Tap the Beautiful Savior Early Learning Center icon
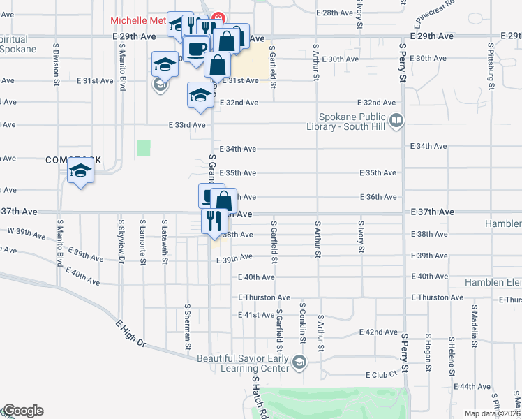299,362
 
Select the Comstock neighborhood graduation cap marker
81,171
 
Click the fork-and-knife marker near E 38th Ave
211,221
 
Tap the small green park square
144,148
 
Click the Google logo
23,411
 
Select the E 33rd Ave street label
187,125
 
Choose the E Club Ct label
385,375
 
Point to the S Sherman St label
188,326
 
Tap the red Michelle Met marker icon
217,17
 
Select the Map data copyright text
493,413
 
